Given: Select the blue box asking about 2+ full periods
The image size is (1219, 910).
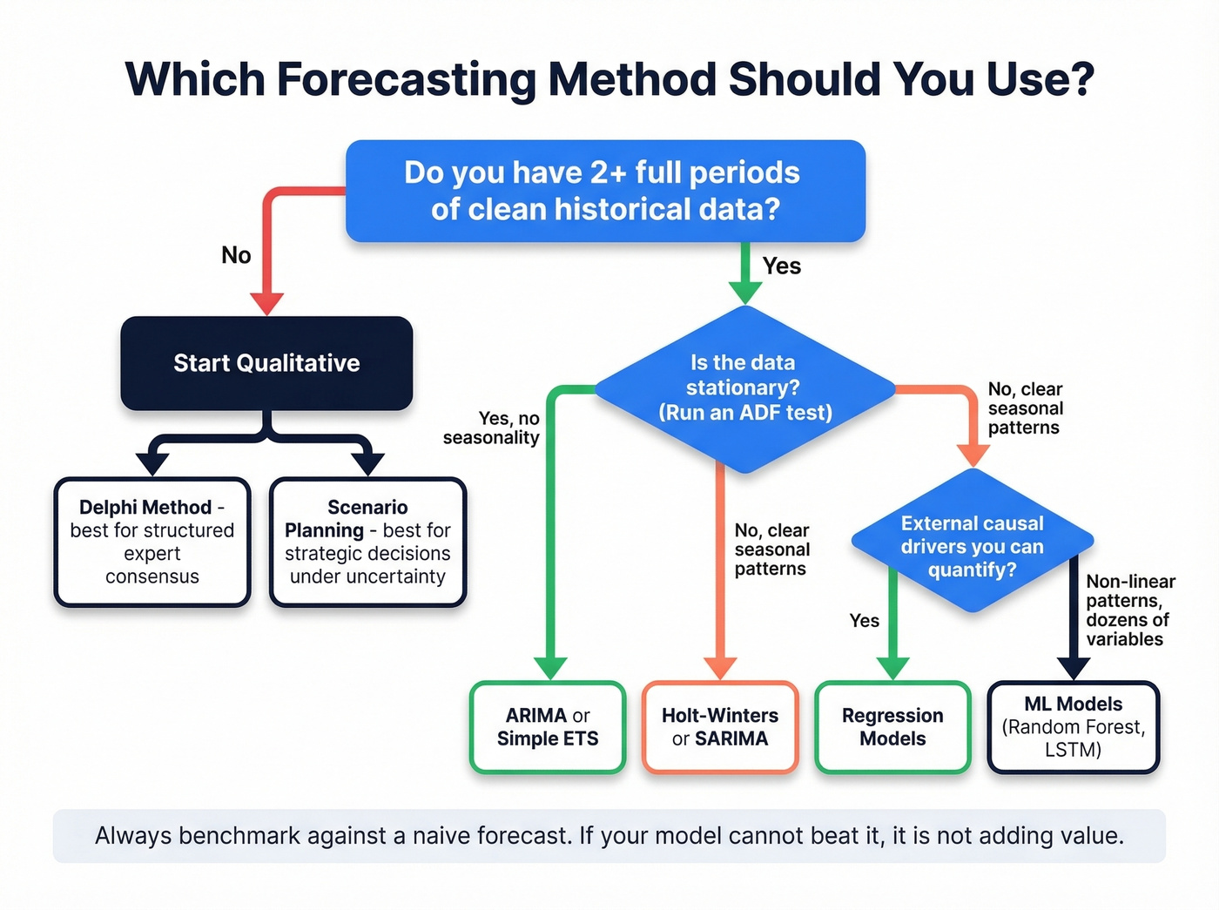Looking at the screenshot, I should (x=605, y=191).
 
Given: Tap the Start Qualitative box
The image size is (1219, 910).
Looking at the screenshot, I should (x=266, y=363).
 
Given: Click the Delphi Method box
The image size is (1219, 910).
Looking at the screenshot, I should (x=152, y=542).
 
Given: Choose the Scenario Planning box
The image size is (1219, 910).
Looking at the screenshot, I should (x=367, y=542).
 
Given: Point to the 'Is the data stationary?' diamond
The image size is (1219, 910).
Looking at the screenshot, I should (x=744, y=388).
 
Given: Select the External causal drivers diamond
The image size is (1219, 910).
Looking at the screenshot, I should (x=972, y=546).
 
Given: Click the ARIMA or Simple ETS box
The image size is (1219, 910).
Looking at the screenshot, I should (x=548, y=727).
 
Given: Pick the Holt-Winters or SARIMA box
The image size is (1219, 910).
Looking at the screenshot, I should (x=720, y=727).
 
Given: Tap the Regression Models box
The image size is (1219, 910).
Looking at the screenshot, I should (x=892, y=727).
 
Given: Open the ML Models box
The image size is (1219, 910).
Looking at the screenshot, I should (x=1073, y=727).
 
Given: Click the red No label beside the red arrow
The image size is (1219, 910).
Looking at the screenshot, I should (x=236, y=255).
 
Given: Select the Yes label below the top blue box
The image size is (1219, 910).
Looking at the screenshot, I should (x=781, y=266).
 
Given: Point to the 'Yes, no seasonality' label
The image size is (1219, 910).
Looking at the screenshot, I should (x=492, y=428).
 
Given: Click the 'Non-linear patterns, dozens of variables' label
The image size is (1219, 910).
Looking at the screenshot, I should (x=1129, y=610).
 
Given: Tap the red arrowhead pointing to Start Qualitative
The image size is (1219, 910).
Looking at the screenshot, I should (x=267, y=303).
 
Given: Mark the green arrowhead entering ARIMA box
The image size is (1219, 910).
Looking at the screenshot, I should (x=550, y=668).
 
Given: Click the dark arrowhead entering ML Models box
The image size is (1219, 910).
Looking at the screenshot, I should (x=1074, y=668).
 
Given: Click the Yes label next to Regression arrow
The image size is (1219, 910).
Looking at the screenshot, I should (x=864, y=621).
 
